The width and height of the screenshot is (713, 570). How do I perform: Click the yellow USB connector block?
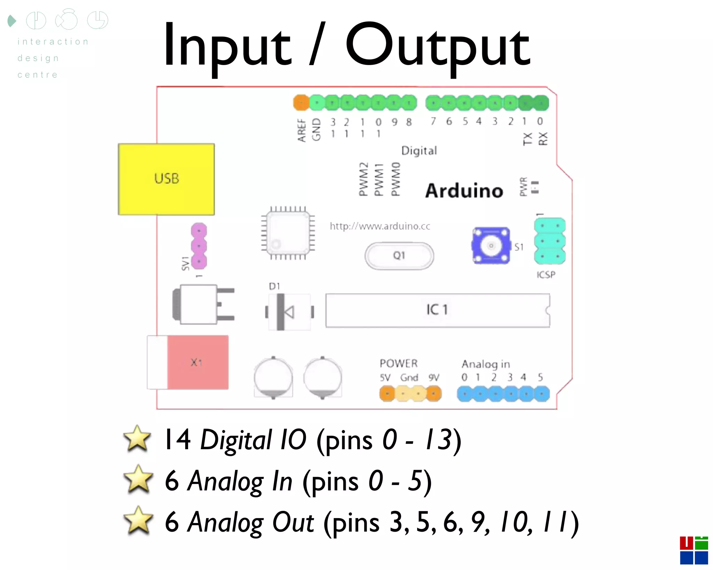[x=166, y=179]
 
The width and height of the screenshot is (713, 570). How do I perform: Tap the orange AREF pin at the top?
[x=301, y=103]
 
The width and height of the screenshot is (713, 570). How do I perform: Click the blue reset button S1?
[x=491, y=246]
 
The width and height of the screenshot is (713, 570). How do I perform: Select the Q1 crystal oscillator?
[x=399, y=256]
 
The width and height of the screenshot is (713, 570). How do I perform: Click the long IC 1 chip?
[x=438, y=310]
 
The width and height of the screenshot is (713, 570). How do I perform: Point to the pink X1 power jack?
[x=197, y=362]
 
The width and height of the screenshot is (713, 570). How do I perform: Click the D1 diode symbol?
[x=289, y=312]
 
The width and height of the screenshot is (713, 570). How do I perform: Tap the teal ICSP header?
[x=550, y=241]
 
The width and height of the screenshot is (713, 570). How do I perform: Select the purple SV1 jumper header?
[x=199, y=246]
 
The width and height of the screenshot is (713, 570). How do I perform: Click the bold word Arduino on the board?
[x=464, y=191]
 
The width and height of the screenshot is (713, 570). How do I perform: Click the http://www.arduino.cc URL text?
[x=380, y=227]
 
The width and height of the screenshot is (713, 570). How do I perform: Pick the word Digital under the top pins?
[x=419, y=151]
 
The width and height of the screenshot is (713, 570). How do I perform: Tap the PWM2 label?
[x=363, y=179]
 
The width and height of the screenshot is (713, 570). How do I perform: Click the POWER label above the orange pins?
[x=399, y=363]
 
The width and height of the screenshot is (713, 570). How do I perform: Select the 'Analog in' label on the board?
[x=486, y=364]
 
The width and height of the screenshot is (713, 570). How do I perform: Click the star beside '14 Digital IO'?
[x=138, y=439]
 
